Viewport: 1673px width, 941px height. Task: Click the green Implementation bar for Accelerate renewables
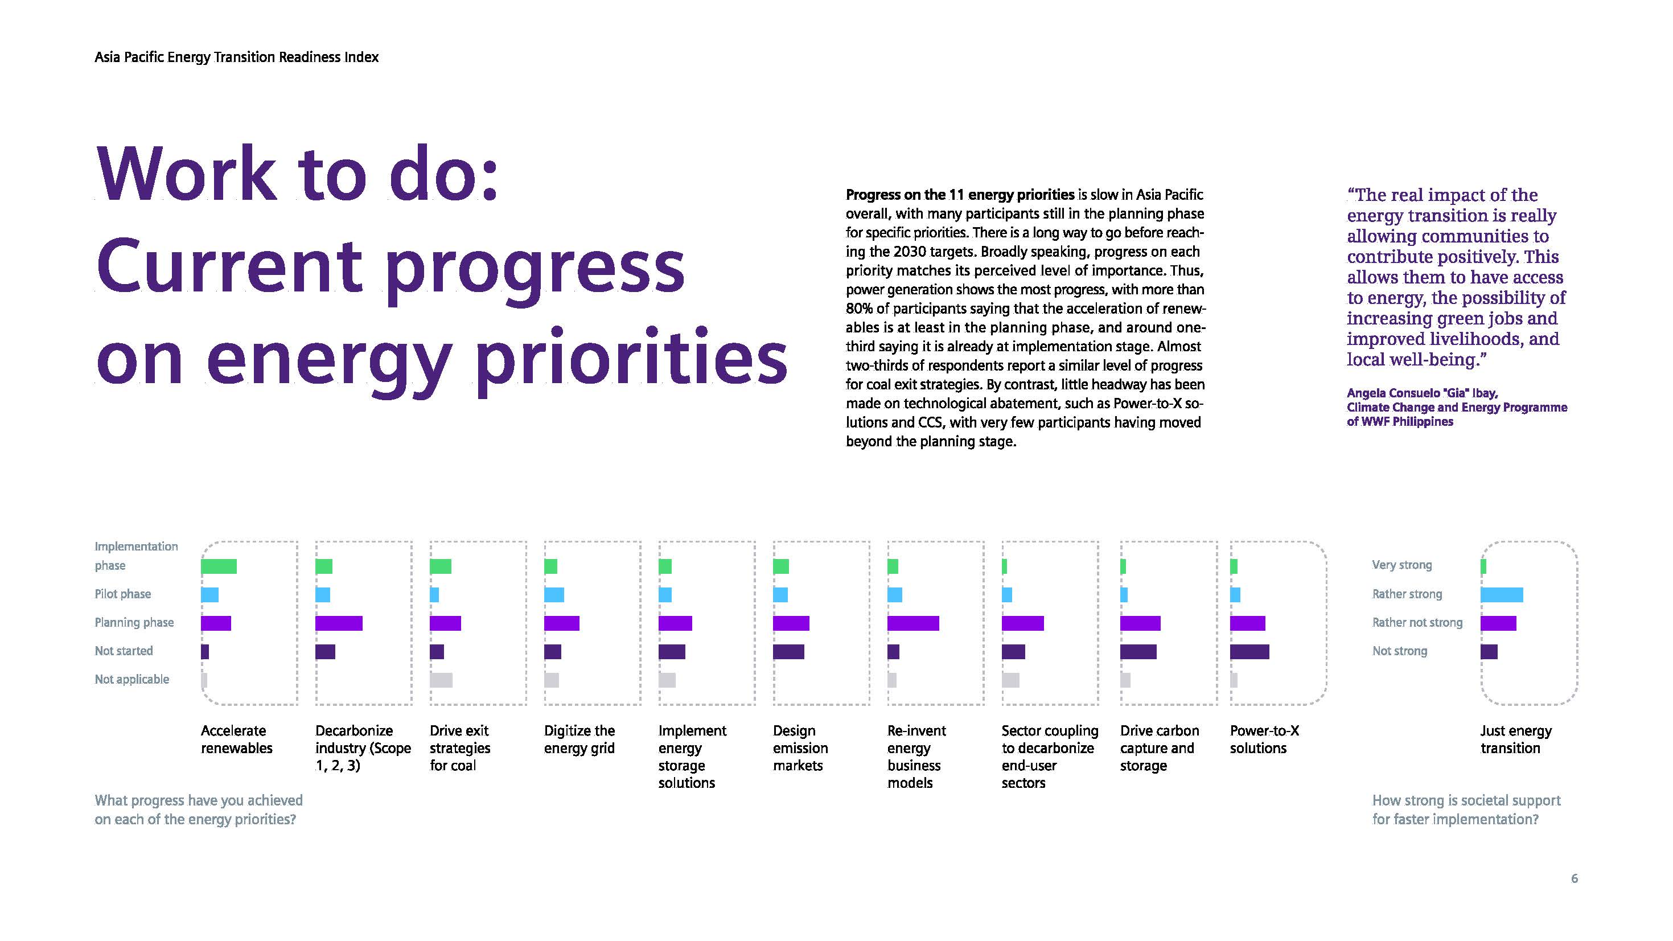click(219, 566)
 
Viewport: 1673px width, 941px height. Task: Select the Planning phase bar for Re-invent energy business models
click(912, 623)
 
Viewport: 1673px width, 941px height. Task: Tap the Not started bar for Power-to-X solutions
click(1249, 651)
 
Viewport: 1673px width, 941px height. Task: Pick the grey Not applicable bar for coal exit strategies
click(441, 680)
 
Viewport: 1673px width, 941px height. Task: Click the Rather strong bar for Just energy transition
click(1502, 595)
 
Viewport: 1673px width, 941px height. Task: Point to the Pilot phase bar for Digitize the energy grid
click(554, 595)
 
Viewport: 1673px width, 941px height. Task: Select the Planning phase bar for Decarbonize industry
click(338, 623)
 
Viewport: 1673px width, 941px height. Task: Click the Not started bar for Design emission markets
click(788, 651)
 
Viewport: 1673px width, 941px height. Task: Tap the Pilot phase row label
click(123, 594)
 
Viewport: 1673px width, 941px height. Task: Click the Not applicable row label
click(132, 679)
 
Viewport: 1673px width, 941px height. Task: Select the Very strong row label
click(1401, 565)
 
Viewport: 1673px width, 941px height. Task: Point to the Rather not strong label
click(1417, 623)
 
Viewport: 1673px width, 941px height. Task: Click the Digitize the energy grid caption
click(579, 739)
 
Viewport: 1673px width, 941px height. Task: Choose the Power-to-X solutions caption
click(1264, 739)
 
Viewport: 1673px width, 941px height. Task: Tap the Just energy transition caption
click(1516, 739)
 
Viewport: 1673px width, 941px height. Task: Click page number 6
click(1575, 878)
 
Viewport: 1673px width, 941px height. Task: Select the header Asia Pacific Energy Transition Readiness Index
click(236, 57)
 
